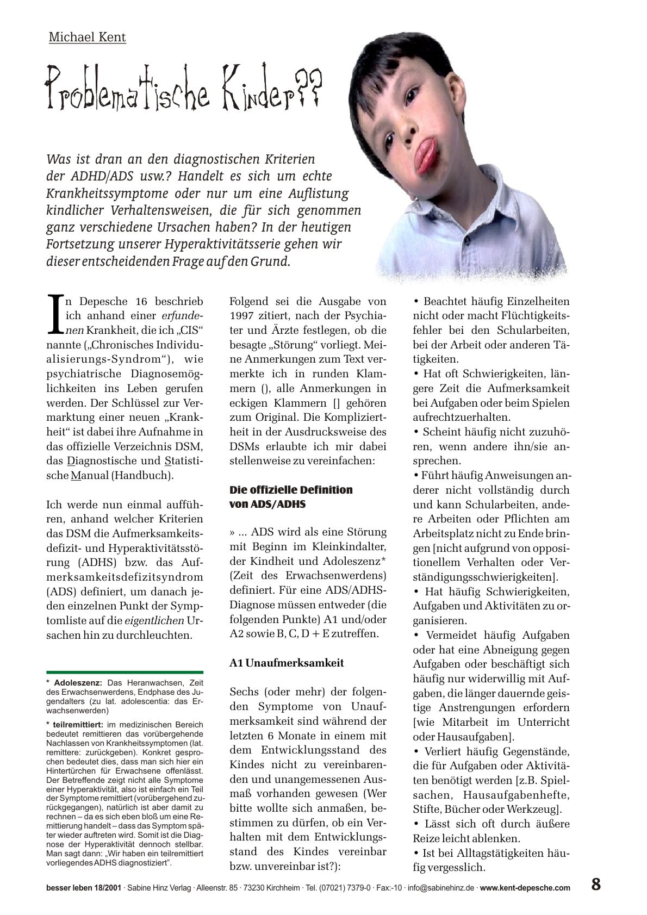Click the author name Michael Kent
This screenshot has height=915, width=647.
[87, 38]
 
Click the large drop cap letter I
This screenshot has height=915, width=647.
[55, 314]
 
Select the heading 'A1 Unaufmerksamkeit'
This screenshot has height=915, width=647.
[287, 663]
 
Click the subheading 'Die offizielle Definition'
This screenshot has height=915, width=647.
[291, 489]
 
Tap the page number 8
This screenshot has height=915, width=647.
[596, 885]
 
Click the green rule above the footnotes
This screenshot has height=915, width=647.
[125, 673]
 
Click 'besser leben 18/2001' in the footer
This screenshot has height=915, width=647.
[84, 888]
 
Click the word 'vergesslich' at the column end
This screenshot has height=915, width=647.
[449, 868]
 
